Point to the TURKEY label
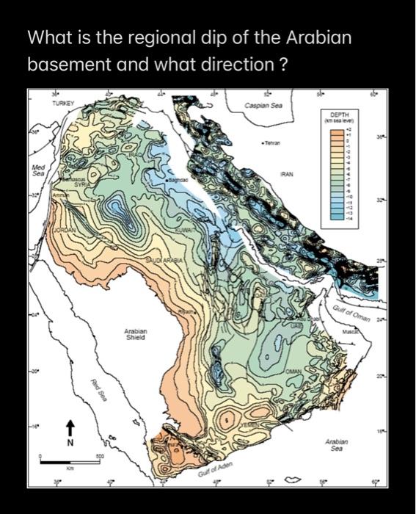[x=62, y=105]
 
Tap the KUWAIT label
[x=183, y=231]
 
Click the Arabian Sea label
[x=337, y=445]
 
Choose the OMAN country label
[x=293, y=372]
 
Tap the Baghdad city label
[x=178, y=179]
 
